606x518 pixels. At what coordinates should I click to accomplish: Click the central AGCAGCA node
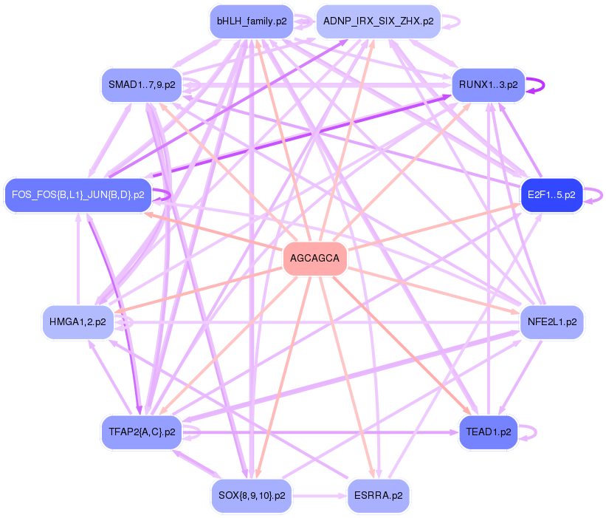[x=315, y=259]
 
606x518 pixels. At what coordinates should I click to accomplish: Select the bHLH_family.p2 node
[x=251, y=21]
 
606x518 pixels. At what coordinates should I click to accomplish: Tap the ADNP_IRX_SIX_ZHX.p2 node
[x=378, y=21]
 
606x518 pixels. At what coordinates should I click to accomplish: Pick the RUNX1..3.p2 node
[x=488, y=85]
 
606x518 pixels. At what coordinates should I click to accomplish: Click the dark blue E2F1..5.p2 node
[x=551, y=195]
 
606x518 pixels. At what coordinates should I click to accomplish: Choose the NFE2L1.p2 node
[x=552, y=322]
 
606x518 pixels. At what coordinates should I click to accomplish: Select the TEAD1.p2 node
[x=488, y=432]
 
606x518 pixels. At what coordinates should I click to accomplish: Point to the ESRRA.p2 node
[x=378, y=496]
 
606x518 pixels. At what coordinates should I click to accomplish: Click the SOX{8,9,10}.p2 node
[x=251, y=496]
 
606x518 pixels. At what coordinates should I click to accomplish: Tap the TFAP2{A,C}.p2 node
[x=141, y=432]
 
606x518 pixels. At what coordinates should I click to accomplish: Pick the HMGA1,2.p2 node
[x=78, y=322]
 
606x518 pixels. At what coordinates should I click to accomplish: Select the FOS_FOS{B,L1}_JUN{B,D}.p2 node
[x=78, y=195]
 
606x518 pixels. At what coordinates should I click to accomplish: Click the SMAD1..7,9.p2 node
[x=141, y=85]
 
